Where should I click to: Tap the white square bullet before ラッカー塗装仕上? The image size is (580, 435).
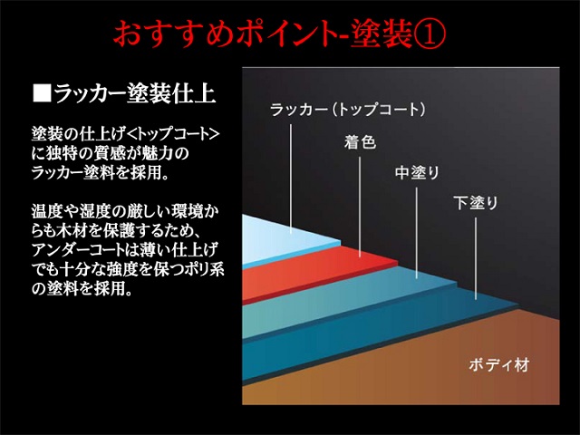point(43,93)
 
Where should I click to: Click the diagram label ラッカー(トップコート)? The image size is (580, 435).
point(348,110)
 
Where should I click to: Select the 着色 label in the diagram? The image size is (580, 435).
point(360,142)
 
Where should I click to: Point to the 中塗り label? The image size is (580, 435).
point(417,172)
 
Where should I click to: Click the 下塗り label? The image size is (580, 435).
point(476,203)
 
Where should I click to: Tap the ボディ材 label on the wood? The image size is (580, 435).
point(499,365)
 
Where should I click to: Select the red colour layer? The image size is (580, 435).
point(318,274)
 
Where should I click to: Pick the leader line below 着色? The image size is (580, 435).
point(360,207)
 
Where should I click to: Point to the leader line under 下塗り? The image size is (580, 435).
point(476,258)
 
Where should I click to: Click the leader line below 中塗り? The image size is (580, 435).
point(417,233)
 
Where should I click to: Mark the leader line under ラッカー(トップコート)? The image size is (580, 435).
point(291,179)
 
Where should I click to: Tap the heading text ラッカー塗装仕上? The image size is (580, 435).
point(135,93)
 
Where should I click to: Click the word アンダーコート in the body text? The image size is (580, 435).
point(78,250)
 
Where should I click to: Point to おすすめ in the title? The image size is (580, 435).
point(173,34)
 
